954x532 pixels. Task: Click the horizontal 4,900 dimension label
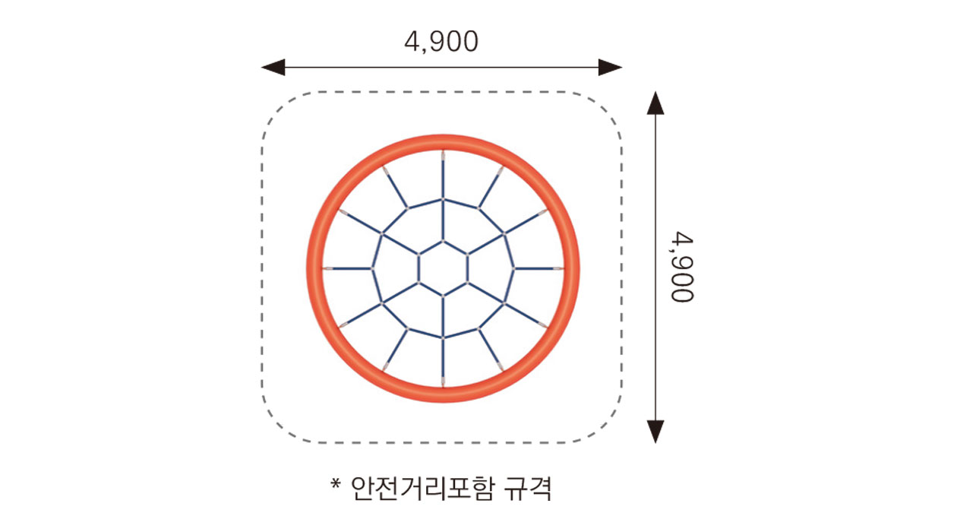coord(441,43)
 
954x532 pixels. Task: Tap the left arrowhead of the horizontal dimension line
coord(273,68)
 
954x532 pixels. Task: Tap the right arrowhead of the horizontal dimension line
coord(611,68)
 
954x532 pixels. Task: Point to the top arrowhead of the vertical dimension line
coord(655,103)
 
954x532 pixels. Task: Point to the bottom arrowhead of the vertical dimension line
coord(655,432)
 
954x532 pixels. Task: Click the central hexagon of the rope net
coord(443,268)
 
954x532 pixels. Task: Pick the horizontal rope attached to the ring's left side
coord(349,268)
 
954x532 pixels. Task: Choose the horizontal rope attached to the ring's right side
coord(538,268)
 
